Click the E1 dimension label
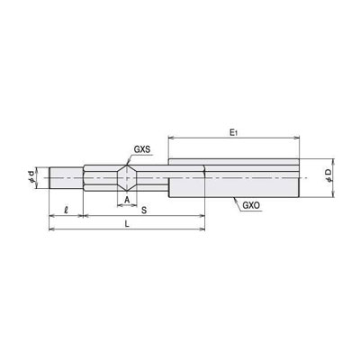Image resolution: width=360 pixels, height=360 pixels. [x=233, y=132]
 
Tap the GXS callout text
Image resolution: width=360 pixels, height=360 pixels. [x=142, y=149]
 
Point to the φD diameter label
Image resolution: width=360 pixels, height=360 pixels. [x=328, y=175]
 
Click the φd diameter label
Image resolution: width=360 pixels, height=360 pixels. [x=31, y=177]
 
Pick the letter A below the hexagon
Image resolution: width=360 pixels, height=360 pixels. [x=127, y=200]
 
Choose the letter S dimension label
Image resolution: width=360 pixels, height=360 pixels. [x=144, y=210]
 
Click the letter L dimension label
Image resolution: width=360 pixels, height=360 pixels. [x=127, y=224]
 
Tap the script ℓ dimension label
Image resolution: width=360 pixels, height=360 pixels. [x=66, y=210]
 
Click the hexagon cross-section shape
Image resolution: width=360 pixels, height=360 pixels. [x=127, y=178]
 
